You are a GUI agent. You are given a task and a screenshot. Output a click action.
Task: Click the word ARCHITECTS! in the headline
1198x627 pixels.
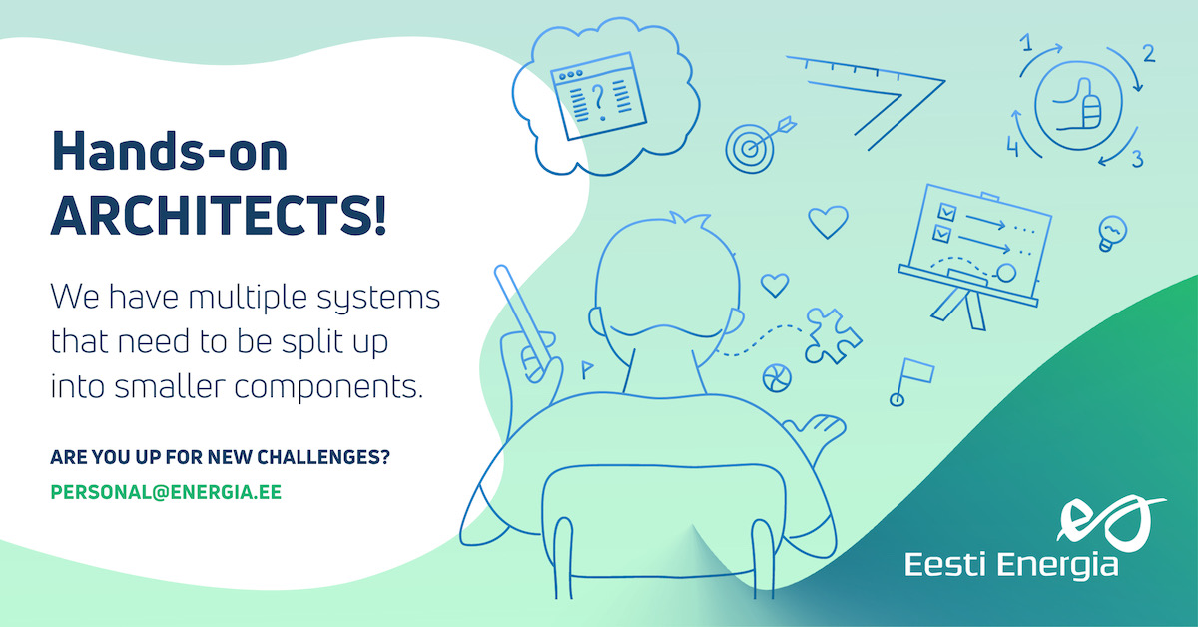[219, 215]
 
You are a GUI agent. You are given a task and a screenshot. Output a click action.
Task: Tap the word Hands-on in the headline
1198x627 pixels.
[170, 151]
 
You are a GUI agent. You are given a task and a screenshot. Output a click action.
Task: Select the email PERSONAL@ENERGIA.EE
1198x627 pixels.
[166, 492]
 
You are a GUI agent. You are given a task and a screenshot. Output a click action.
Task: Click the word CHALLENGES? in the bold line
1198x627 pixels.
[323, 457]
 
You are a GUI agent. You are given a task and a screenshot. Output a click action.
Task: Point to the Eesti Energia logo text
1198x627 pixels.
[1011, 565]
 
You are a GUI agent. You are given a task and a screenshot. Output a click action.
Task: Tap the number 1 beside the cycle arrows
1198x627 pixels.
[1026, 42]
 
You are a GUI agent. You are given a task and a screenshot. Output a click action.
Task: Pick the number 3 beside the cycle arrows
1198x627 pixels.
[1137, 160]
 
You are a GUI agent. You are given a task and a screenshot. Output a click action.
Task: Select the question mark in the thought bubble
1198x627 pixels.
[598, 101]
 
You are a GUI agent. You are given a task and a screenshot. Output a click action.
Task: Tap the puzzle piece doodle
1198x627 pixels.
[832, 336]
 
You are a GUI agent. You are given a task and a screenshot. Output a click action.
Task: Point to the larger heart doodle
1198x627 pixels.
[828, 222]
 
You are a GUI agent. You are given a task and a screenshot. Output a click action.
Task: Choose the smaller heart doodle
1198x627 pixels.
[775, 285]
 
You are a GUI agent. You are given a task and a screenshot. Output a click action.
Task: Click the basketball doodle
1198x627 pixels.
[777, 378]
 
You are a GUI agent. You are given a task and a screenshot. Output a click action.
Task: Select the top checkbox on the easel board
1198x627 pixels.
[946, 212]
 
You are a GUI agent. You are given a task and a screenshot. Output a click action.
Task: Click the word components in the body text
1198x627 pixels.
[328, 387]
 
